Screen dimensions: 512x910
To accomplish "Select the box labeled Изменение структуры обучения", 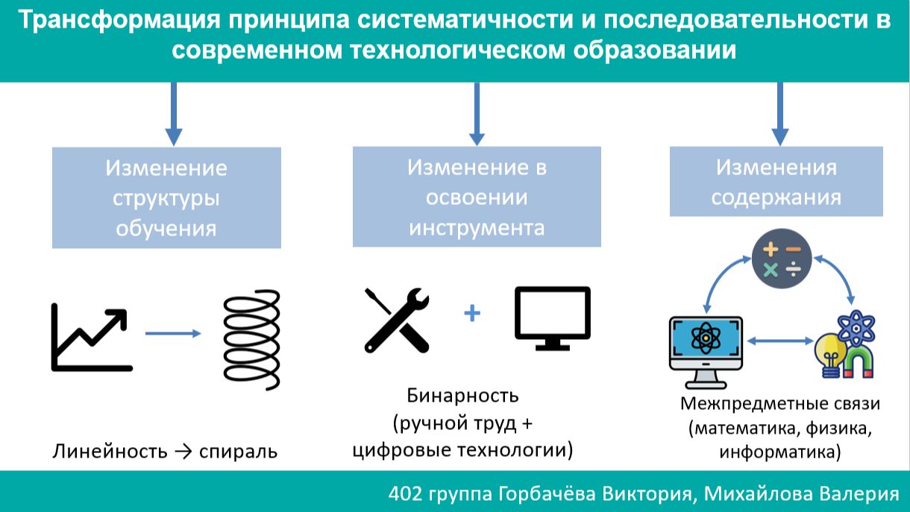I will click(166, 197).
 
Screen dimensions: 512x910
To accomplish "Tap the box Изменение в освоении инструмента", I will click(477, 196).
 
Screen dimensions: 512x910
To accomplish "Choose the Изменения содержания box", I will click(776, 181).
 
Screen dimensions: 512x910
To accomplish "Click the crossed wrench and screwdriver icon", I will click(397, 320).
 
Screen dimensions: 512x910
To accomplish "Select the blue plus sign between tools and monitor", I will click(471, 314).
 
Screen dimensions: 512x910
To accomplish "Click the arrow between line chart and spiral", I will click(173, 333).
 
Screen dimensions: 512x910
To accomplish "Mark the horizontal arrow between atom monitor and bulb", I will click(779, 341).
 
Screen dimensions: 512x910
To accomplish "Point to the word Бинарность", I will click(462, 395).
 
